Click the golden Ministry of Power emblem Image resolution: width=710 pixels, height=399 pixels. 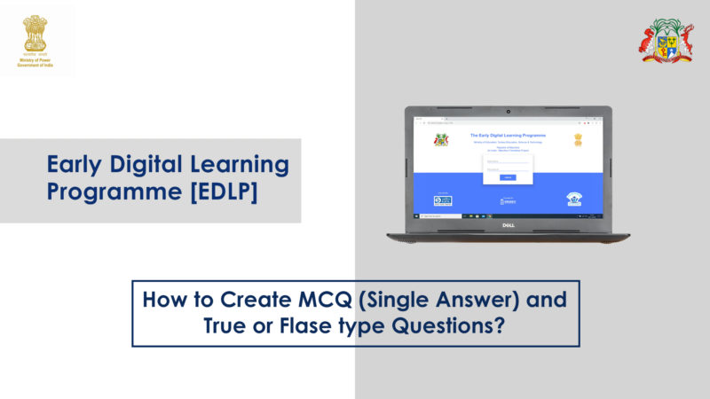[35, 32]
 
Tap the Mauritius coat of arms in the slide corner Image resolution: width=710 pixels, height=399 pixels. [667, 41]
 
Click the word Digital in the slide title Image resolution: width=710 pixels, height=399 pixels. [157, 164]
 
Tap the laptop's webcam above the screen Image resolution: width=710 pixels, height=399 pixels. [508, 113]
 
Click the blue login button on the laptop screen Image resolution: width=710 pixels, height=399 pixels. [507, 177]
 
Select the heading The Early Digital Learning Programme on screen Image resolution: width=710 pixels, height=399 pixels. [508, 135]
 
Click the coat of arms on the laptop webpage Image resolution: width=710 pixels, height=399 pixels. [441, 139]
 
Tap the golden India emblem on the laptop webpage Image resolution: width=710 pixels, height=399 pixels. [578, 139]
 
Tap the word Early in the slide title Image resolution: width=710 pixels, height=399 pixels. [78, 164]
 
